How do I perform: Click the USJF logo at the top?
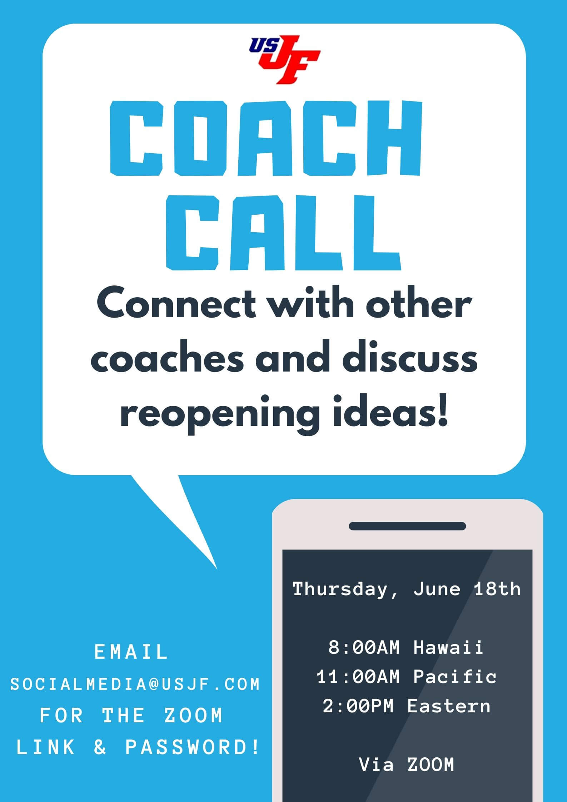point(285,59)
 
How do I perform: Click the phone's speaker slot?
point(407,526)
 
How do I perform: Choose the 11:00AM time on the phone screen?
point(358,677)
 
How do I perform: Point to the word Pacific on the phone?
point(455,677)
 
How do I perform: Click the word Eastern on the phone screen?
point(449,706)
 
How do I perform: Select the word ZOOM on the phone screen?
point(431,765)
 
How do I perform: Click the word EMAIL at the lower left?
point(131,652)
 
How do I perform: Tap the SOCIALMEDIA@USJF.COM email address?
point(135,684)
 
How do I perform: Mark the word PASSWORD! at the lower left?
point(192,747)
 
